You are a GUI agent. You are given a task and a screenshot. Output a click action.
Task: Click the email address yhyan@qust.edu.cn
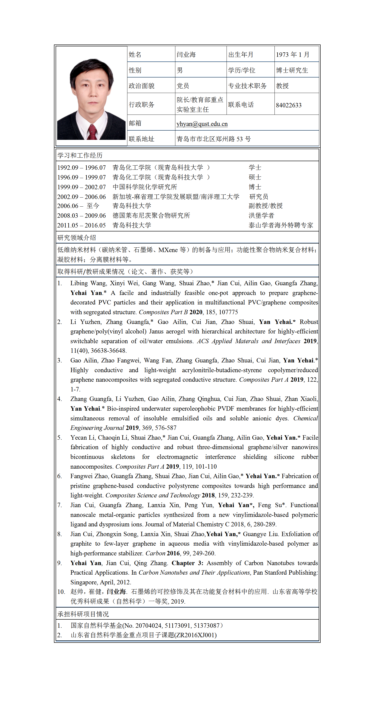[x=202, y=124]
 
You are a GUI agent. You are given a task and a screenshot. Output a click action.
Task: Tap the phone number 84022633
[x=288, y=105]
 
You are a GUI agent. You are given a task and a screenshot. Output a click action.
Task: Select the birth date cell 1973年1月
[x=292, y=54]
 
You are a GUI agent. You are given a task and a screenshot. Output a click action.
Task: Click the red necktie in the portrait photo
[x=92, y=132]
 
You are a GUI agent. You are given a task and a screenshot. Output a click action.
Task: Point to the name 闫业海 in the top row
[x=186, y=54]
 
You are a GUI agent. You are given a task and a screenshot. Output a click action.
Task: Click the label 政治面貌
[x=141, y=86]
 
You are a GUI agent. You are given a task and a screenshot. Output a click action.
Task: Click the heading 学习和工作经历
[x=80, y=155]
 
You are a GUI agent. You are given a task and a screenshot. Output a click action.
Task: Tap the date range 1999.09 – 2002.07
[x=81, y=187]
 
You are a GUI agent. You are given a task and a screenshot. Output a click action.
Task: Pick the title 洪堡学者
[x=261, y=215]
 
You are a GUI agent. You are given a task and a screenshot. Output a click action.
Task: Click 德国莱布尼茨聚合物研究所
[x=151, y=215]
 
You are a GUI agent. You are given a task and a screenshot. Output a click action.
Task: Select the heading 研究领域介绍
[x=76, y=237]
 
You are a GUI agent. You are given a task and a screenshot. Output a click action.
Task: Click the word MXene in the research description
[x=168, y=250]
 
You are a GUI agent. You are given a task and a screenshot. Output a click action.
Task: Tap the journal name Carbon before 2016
[x=155, y=553]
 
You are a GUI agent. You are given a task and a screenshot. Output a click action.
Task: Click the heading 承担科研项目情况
[x=83, y=614]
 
